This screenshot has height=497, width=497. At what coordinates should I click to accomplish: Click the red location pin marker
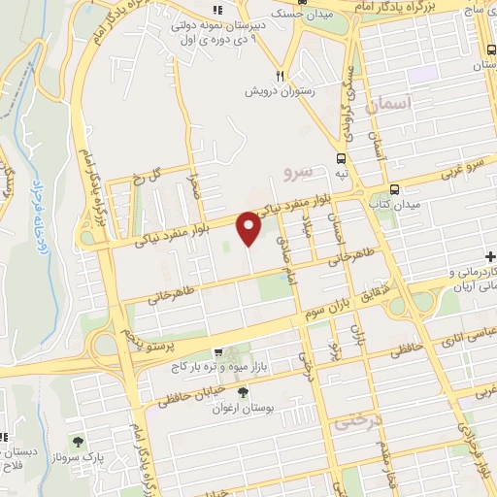(250, 227)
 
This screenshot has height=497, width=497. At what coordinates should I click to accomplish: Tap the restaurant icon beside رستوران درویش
(280, 75)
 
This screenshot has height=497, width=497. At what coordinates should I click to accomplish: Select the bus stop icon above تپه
(341, 159)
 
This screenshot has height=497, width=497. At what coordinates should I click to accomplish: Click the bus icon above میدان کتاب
(394, 189)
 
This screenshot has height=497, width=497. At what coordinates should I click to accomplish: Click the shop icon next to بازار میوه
(219, 352)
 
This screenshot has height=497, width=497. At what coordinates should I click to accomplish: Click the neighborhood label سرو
(297, 174)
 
